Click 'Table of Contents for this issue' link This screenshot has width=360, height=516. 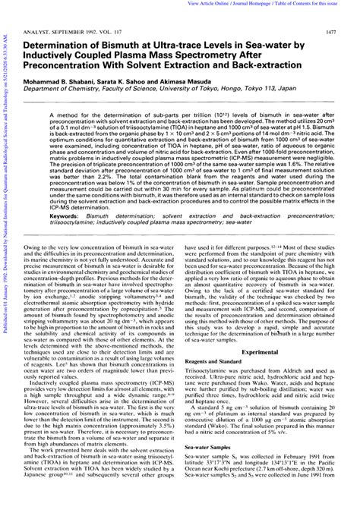click(x=319, y=4)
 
